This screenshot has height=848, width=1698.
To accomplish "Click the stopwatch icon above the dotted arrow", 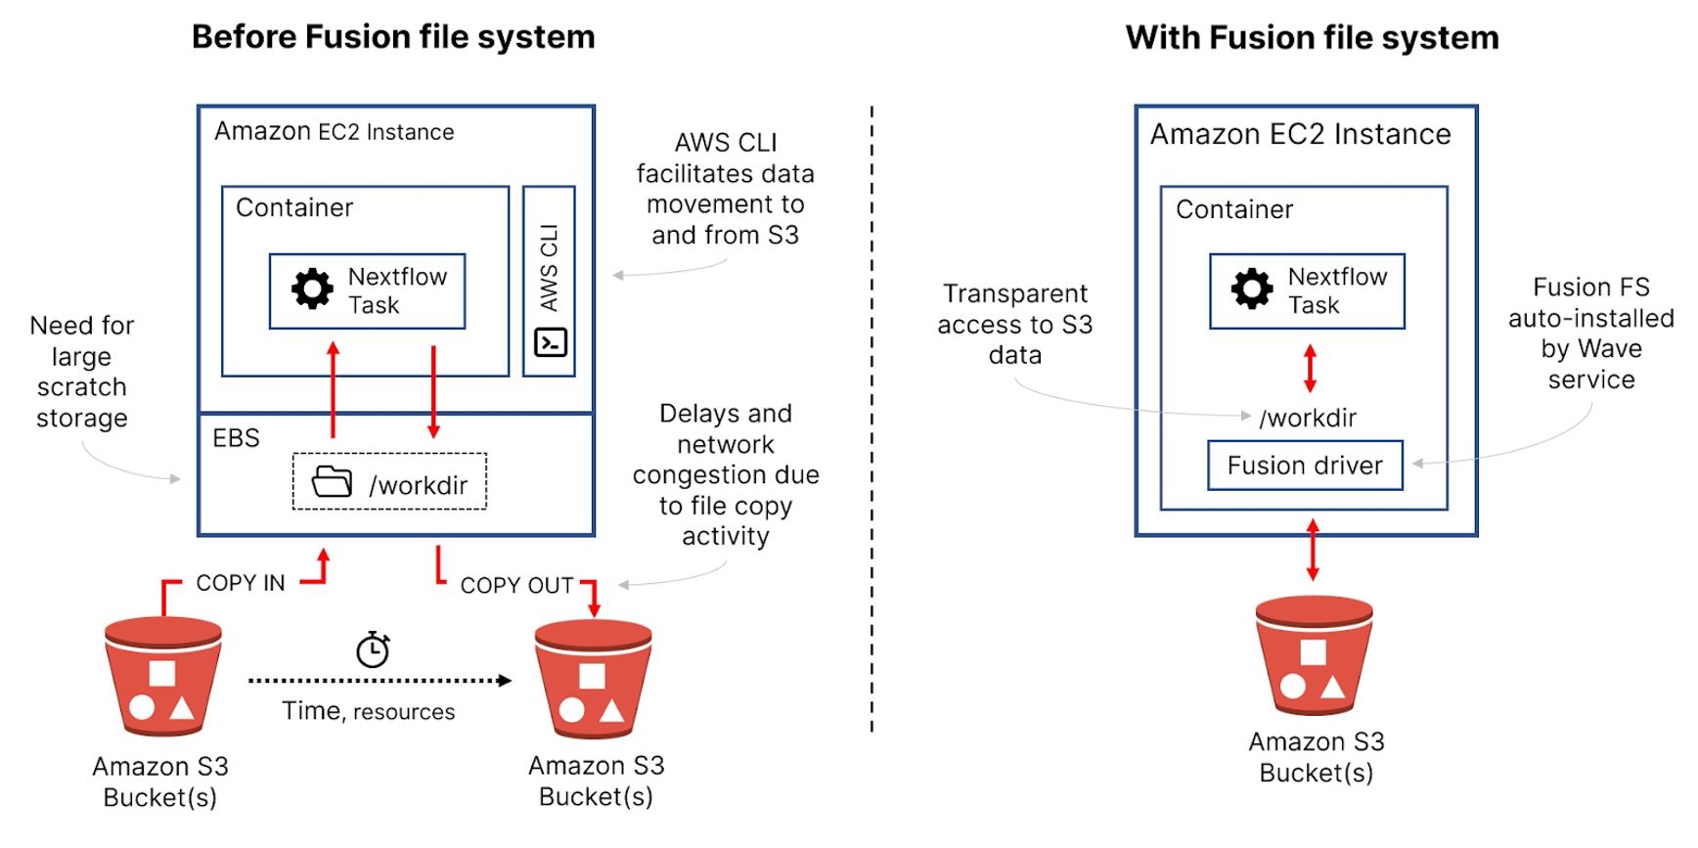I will [x=373, y=649].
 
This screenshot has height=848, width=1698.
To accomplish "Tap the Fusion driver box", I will [x=1305, y=466].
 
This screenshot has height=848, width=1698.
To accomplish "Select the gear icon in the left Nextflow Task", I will [x=313, y=290].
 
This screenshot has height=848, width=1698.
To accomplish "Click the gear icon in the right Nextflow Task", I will [x=1252, y=290].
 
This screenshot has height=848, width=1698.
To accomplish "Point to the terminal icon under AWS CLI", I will [x=551, y=342].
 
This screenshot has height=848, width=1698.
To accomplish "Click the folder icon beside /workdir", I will [x=332, y=482].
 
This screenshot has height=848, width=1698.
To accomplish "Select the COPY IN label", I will [x=241, y=583].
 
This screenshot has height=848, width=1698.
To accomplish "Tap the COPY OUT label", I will [x=516, y=586].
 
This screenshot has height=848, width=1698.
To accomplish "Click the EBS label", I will [x=237, y=438].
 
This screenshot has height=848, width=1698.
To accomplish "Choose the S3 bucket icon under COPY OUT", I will [x=593, y=680].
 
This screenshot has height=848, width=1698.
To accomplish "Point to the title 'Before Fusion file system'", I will [x=393, y=37].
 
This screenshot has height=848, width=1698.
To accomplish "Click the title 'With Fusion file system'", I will [x=1312, y=37].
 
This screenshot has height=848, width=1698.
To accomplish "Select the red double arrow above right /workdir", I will [x=1310, y=369].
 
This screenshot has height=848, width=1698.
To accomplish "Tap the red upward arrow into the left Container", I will [x=334, y=389].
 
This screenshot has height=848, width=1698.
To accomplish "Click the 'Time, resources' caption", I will [x=369, y=711].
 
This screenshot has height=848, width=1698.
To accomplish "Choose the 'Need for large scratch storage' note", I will [x=82, y=372].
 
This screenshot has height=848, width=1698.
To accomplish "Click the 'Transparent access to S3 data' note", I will [x=1015, y=324].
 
